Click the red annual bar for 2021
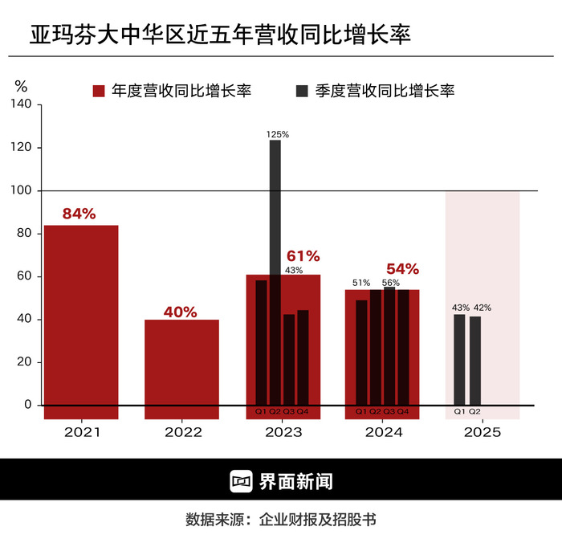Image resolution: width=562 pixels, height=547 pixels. [81, 321]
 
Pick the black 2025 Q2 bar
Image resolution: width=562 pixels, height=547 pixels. [475, 361]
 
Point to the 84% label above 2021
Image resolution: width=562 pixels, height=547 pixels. [79, 214]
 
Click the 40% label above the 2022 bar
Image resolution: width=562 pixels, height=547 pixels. [180, 312]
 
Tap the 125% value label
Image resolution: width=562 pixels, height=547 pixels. [278, 134]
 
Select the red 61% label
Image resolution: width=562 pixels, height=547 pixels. [303, 256]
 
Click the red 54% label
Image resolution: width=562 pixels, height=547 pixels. [403, 268]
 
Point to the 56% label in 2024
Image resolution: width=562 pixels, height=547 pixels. [391, 283]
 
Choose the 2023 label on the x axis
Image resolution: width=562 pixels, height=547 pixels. [283, 432]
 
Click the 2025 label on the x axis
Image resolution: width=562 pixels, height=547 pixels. [482, 432]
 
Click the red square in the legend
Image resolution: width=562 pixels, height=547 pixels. [99, 91]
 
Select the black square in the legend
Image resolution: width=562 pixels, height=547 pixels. [302, 91]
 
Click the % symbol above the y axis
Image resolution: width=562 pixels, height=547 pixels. [22, 86]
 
